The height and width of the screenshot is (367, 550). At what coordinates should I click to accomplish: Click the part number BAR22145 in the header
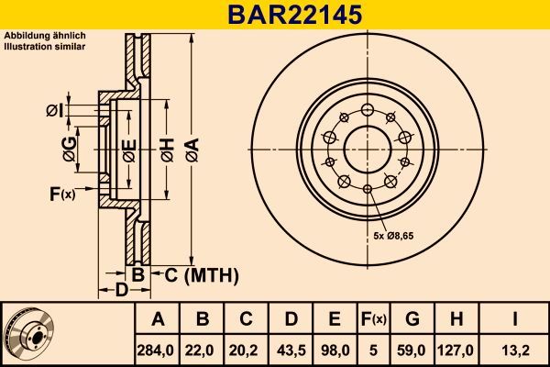coord(275,15)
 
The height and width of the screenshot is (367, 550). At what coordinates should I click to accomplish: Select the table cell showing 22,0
coord(203,350)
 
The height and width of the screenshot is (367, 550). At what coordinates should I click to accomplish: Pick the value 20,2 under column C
coord(246,350)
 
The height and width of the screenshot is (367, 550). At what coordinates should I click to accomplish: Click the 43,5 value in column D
coord(290,350)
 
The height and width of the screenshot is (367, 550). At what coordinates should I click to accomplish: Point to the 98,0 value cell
coord(335,350)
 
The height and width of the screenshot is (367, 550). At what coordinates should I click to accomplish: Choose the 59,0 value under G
coord(412,350)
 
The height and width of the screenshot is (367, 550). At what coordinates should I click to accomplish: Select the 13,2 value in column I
coord(515,350)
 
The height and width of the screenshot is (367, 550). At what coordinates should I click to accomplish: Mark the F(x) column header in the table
coord(373,319)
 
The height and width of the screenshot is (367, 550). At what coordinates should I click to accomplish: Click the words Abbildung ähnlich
coord(35,36)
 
